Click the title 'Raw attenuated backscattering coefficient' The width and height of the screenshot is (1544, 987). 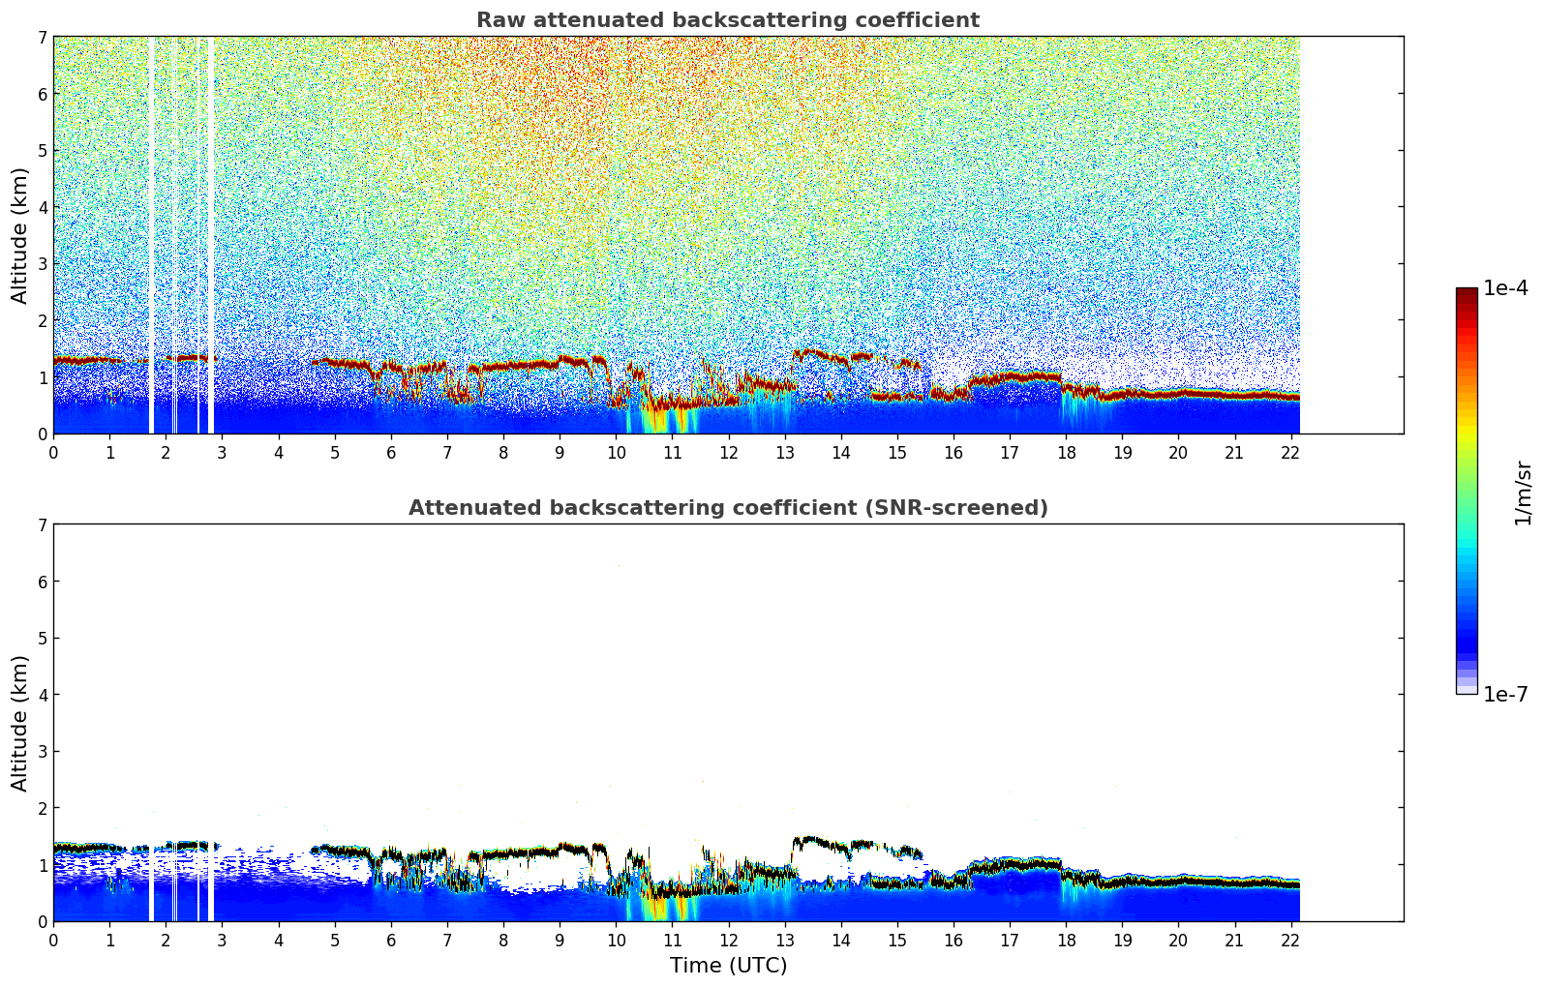[727, 20]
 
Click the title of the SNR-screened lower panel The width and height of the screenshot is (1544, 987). [727, 508]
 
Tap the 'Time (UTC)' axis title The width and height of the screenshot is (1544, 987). [728, 966]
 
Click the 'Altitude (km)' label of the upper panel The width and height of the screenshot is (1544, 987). [19, 235]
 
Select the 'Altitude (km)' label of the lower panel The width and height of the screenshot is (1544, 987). [19, 723]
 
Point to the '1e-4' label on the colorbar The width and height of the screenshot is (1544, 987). [1505, 288]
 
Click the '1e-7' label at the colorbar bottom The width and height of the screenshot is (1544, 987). [1505, 694]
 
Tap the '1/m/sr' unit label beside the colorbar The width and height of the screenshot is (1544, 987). [1522, 492]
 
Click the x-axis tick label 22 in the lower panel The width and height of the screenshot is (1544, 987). [1290, 940]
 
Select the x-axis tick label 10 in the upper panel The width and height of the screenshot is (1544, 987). [616, 452]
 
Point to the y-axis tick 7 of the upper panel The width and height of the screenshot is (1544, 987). [42, 37]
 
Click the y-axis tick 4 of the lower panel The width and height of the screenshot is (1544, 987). [42, 695]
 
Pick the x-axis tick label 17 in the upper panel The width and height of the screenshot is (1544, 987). [1010, 452]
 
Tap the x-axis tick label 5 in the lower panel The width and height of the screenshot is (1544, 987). [335, 940]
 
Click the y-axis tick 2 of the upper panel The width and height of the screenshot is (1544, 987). [42, 320]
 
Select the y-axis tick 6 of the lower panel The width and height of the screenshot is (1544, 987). [42, 582]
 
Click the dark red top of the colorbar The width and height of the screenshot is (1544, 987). [1467, 292]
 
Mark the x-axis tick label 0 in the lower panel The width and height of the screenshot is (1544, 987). [53, 940]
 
